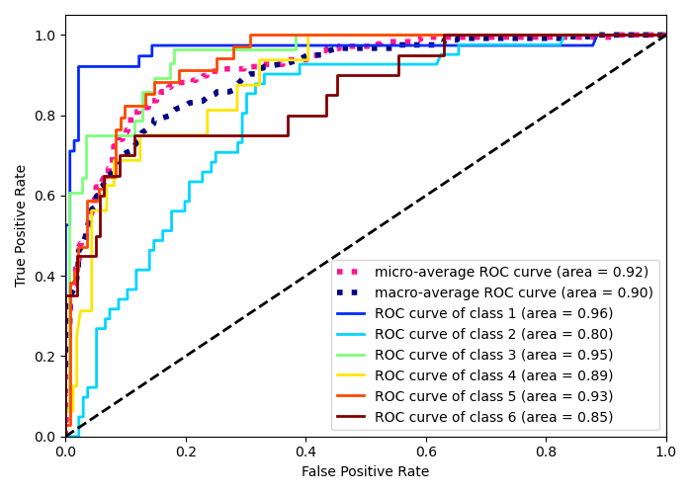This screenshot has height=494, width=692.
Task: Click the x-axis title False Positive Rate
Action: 366,472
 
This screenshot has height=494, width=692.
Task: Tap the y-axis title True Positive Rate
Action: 22,225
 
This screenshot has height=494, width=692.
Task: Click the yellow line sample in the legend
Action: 353,375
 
